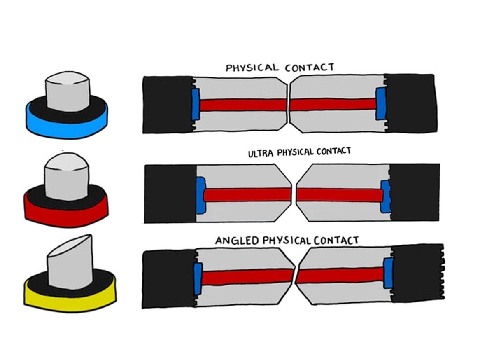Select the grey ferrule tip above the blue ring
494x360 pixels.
coord(66,93)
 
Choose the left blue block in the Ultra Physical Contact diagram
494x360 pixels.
coord(200,195)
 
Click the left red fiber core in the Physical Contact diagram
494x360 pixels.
coord(243,105)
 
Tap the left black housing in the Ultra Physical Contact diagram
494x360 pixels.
coord(170,194)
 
